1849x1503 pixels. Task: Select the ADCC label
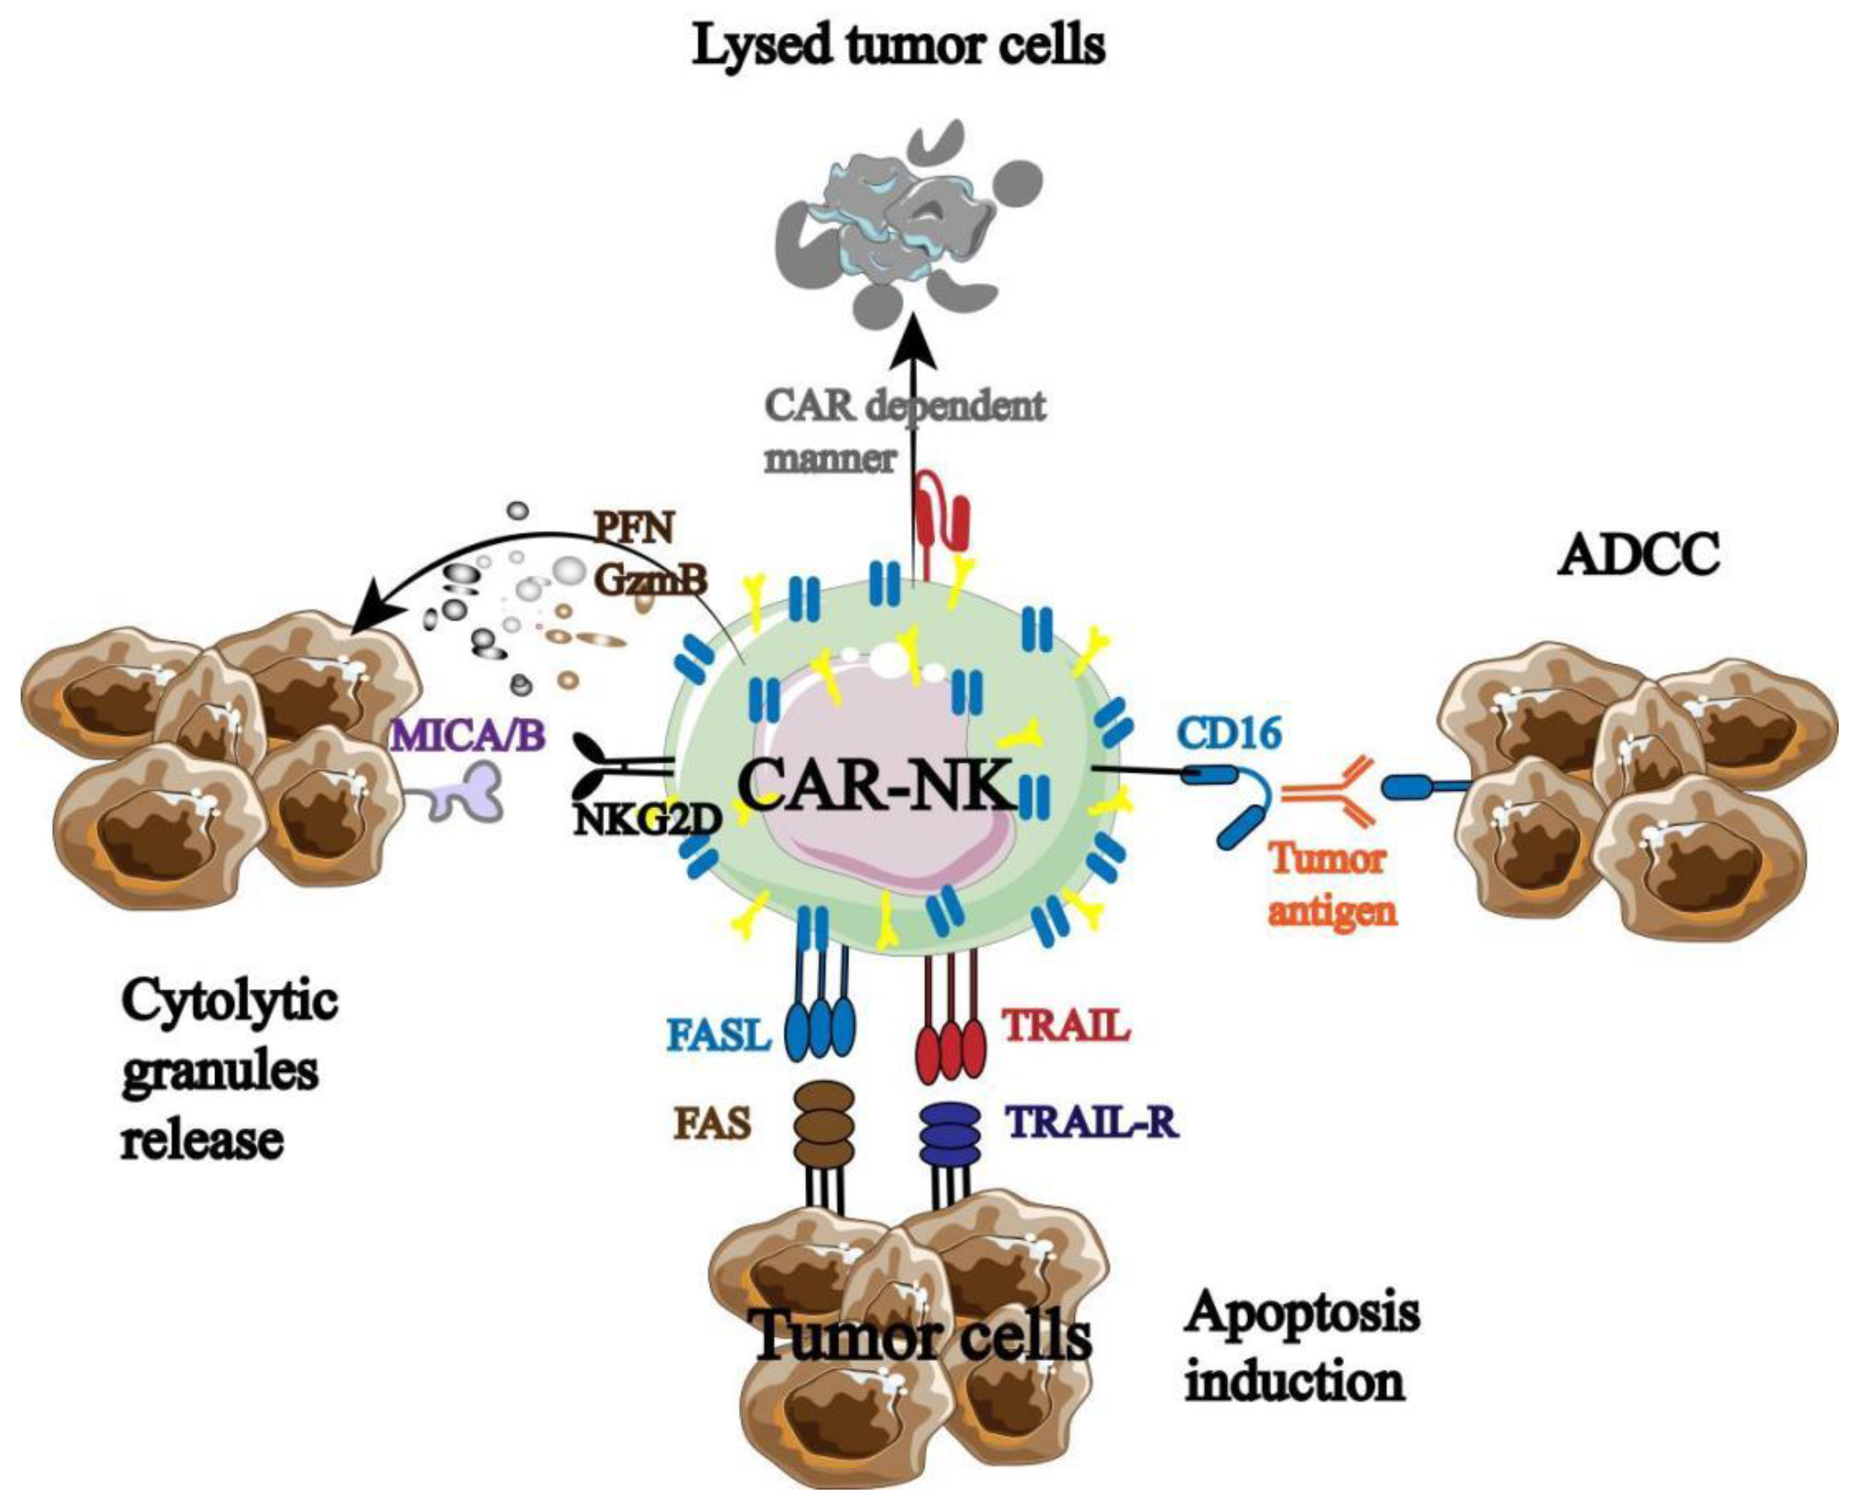[1638, 555]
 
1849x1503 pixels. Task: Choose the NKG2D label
[647, 818]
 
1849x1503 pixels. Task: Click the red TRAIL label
[1066, 1026]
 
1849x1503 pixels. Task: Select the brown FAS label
[712, 1126]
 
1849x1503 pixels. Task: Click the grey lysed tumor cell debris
[900, 225]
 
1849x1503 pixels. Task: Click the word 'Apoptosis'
[1302, 1315]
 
